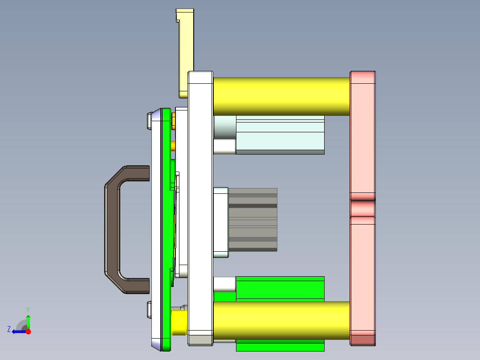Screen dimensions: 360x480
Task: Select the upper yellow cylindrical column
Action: (281, 96)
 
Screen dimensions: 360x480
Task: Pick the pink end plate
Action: (362, 134)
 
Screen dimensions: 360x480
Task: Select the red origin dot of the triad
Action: (28, 331)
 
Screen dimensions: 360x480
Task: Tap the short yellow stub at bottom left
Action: (179, 323)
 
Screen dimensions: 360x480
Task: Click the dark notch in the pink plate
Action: (362, 208)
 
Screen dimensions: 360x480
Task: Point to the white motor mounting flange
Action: (221, 223)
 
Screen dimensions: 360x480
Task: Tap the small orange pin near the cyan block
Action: (173, 146)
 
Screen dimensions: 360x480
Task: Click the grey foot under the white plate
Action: (200, 340)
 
